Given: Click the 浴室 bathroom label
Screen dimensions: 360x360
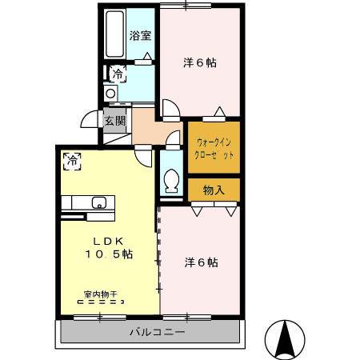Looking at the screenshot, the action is pyautogui.click(x=141, y=36).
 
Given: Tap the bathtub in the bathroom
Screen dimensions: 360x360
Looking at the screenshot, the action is pyautogui.click(x=115, y=34).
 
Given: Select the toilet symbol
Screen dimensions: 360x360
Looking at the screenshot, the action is pyautogui.click(x=171, y=181).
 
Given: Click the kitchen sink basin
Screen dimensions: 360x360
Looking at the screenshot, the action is pyautogui.click(x=99, y=202).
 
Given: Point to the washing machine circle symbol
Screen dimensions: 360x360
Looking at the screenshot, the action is pyautogui.click(x=110, y=94).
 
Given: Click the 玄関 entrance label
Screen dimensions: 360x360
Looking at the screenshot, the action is pyautogui.click(x=115, y=121).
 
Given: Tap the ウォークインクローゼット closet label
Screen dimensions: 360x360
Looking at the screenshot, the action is pyautogui.click(x=214, y=149).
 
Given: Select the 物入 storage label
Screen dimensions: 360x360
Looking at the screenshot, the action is pyautogui.click(x=214, y=190).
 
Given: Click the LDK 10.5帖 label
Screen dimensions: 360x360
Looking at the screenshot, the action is pyautogui.click(x=109, y=248).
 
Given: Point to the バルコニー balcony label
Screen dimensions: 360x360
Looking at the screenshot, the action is pyautogui.click(x=157, y=332).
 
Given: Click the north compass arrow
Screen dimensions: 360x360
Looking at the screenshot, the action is pyautogui.click(x=285, y=338).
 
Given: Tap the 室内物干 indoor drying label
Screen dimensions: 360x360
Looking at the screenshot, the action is pyautogui.click(x=101, y=294).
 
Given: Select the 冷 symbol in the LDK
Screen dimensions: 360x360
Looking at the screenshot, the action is pyautogui.click(x=72, y=161).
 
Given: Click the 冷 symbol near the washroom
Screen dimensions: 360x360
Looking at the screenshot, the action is pyautogui.click(x=118, y=74).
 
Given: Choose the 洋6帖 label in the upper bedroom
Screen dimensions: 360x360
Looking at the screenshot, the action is pyautogui.click(x=200, y=63).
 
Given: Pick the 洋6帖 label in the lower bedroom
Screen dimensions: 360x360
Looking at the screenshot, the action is pyautogui.click(x=202, y=262).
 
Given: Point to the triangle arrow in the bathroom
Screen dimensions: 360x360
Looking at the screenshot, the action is pyautogui.click(x=147, y=56).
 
